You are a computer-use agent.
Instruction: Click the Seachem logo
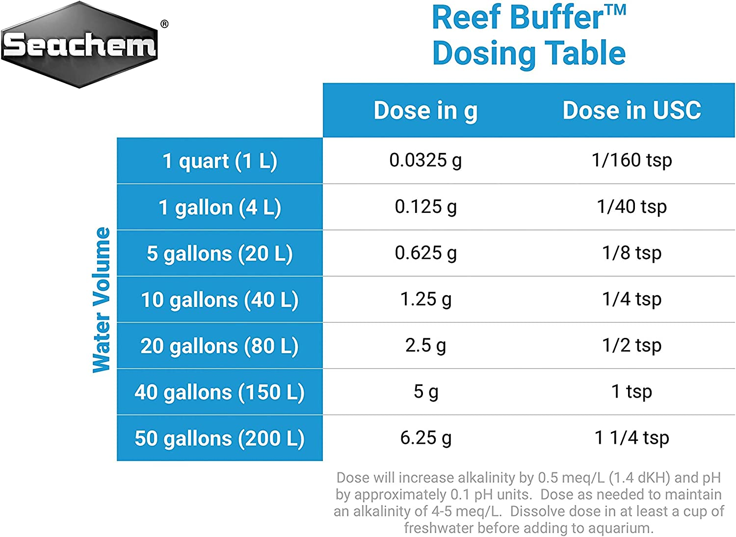point(79,45)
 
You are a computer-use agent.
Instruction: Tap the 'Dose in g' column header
point(425,110)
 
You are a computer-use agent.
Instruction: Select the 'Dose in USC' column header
point(631,110)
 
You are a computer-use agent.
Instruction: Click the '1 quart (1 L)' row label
point(220,161)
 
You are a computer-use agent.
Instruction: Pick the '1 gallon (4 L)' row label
point(220,207)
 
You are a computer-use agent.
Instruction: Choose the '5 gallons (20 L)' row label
point(220,254)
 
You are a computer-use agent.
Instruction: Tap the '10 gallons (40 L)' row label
point(220,300)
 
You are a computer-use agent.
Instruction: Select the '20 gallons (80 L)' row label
point(220,346)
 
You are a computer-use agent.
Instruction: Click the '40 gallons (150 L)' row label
point(220,392)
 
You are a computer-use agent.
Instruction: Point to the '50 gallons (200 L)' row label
point(220,438)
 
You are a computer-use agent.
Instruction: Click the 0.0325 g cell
point(425,160)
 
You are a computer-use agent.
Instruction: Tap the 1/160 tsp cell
point(631,160)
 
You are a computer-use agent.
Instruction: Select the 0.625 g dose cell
point(425,253)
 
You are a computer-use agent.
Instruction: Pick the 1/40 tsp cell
point(631,206)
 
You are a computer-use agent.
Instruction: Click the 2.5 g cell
point(425,345)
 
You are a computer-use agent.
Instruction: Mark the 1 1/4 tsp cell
point(631,437)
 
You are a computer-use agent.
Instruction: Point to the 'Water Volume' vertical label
point(102,300)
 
